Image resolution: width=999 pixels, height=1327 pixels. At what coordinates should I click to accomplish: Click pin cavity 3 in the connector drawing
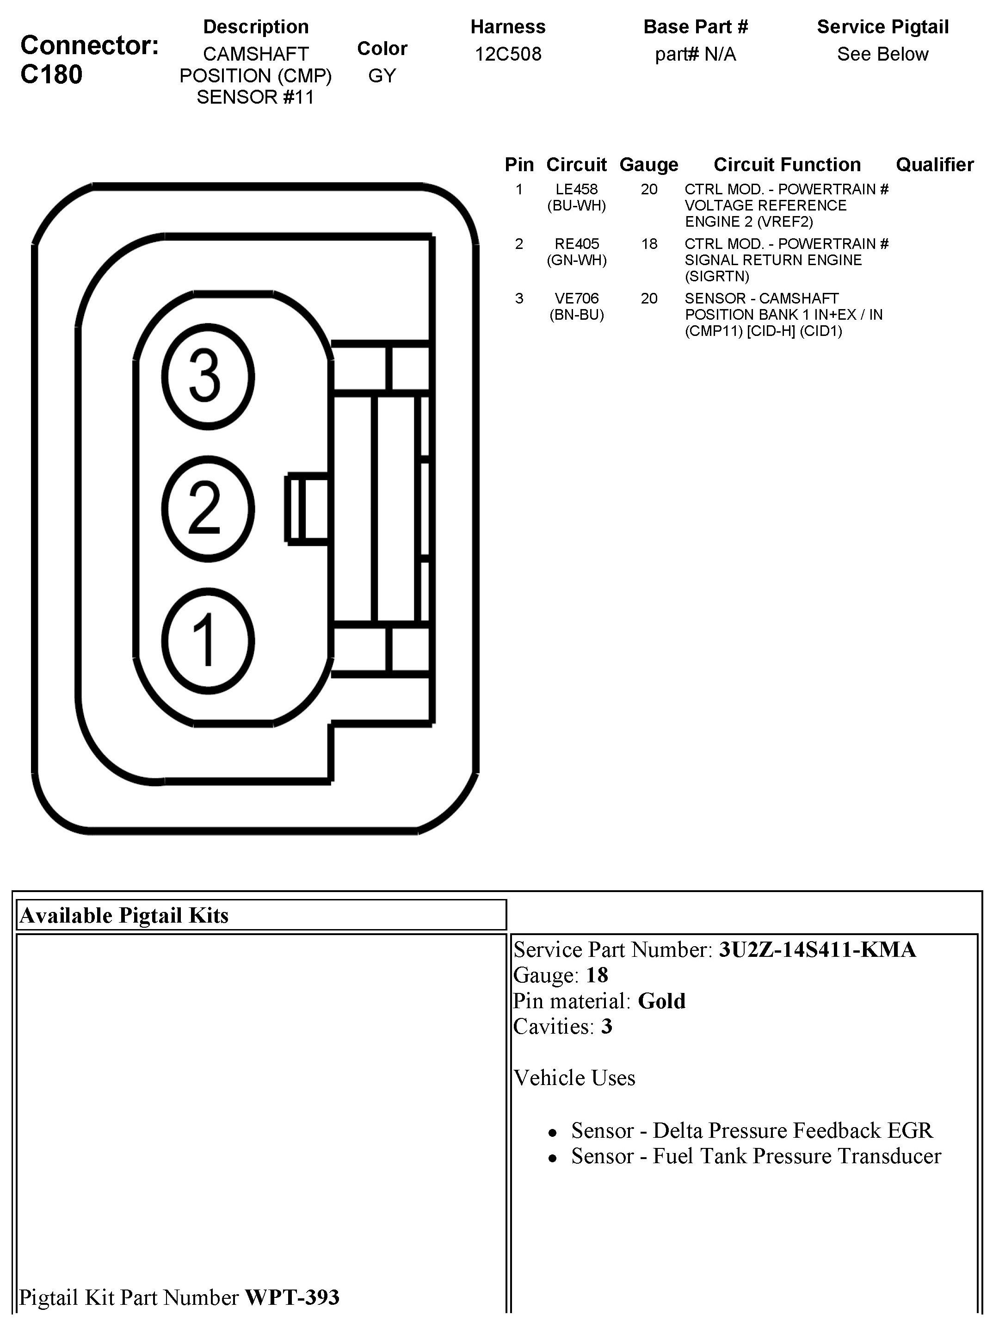pos(208,377)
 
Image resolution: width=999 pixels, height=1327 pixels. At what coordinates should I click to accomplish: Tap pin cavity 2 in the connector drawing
pos(208,508)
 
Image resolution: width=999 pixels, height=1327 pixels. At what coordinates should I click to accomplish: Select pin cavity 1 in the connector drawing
pos(208,641)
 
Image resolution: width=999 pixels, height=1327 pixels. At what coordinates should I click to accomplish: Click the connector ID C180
pos(52,75)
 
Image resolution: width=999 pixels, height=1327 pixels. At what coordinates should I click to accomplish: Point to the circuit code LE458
pos(576,190)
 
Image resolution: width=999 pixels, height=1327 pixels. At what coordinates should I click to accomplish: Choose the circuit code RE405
pos(576,244)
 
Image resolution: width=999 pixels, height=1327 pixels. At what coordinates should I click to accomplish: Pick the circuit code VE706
pos(576,299)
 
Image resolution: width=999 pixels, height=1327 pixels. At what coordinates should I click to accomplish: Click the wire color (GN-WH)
pos(576,260)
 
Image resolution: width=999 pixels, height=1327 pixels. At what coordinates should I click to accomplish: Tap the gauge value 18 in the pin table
pos(649,244)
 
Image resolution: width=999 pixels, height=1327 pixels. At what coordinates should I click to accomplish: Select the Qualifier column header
pos(934,164)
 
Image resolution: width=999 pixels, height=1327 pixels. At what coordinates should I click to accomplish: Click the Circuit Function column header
pos(787,164)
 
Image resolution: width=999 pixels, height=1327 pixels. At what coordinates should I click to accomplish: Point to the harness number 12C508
pos(508,54)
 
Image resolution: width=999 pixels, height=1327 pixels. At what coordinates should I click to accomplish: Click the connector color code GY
pos(382,75)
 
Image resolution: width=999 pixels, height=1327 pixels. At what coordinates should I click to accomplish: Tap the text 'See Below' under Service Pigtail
pos(882,54)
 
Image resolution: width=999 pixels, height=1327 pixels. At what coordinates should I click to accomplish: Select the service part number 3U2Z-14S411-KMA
pos(817,949)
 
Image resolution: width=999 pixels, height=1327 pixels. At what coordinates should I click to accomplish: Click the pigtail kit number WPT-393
pos(292,1297)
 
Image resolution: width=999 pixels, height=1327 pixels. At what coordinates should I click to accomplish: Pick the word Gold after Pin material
pos(661,1001)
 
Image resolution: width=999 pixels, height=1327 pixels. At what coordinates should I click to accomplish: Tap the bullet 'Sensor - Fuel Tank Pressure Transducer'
pos(756,1156)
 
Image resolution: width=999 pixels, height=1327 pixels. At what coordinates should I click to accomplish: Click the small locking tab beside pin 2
pos(307,508)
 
